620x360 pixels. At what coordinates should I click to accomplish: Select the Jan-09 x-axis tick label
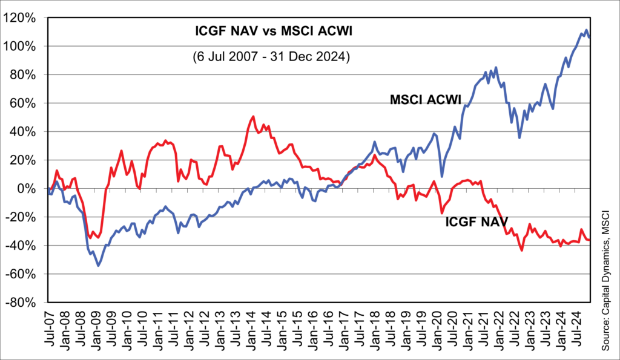tap(96, 332)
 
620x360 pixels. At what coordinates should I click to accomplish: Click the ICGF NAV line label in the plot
tap(477, 221)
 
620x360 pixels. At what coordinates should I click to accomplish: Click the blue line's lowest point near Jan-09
tap(98, 265)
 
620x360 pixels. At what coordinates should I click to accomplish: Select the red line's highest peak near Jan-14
tap(253, 117)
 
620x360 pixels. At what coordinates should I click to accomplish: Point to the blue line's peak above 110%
tap(586, 30)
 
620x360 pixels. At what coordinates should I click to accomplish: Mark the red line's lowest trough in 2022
tap(521, 249)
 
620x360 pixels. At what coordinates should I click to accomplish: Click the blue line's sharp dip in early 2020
tap(442, 176)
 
